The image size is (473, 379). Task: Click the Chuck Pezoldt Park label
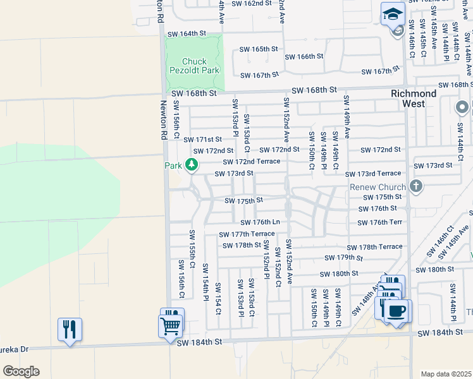(194, 66)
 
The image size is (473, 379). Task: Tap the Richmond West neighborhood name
(414, 98)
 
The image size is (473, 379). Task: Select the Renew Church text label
(378, 188)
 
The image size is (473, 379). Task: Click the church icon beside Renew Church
(415, 186)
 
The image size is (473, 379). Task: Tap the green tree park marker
(192, 165)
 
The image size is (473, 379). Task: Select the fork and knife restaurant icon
(70, 329)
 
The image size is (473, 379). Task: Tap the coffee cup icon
(396, 311)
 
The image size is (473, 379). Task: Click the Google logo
(21, 371)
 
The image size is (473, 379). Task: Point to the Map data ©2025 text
(446, 374)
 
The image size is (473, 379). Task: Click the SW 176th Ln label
(260, 222)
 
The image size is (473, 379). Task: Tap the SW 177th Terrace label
(247, 234)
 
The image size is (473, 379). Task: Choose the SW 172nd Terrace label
(251, 162)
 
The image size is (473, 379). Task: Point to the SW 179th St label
(344, 258)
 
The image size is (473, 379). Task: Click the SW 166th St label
(304, 56)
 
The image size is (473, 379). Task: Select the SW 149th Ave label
(346, 117)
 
